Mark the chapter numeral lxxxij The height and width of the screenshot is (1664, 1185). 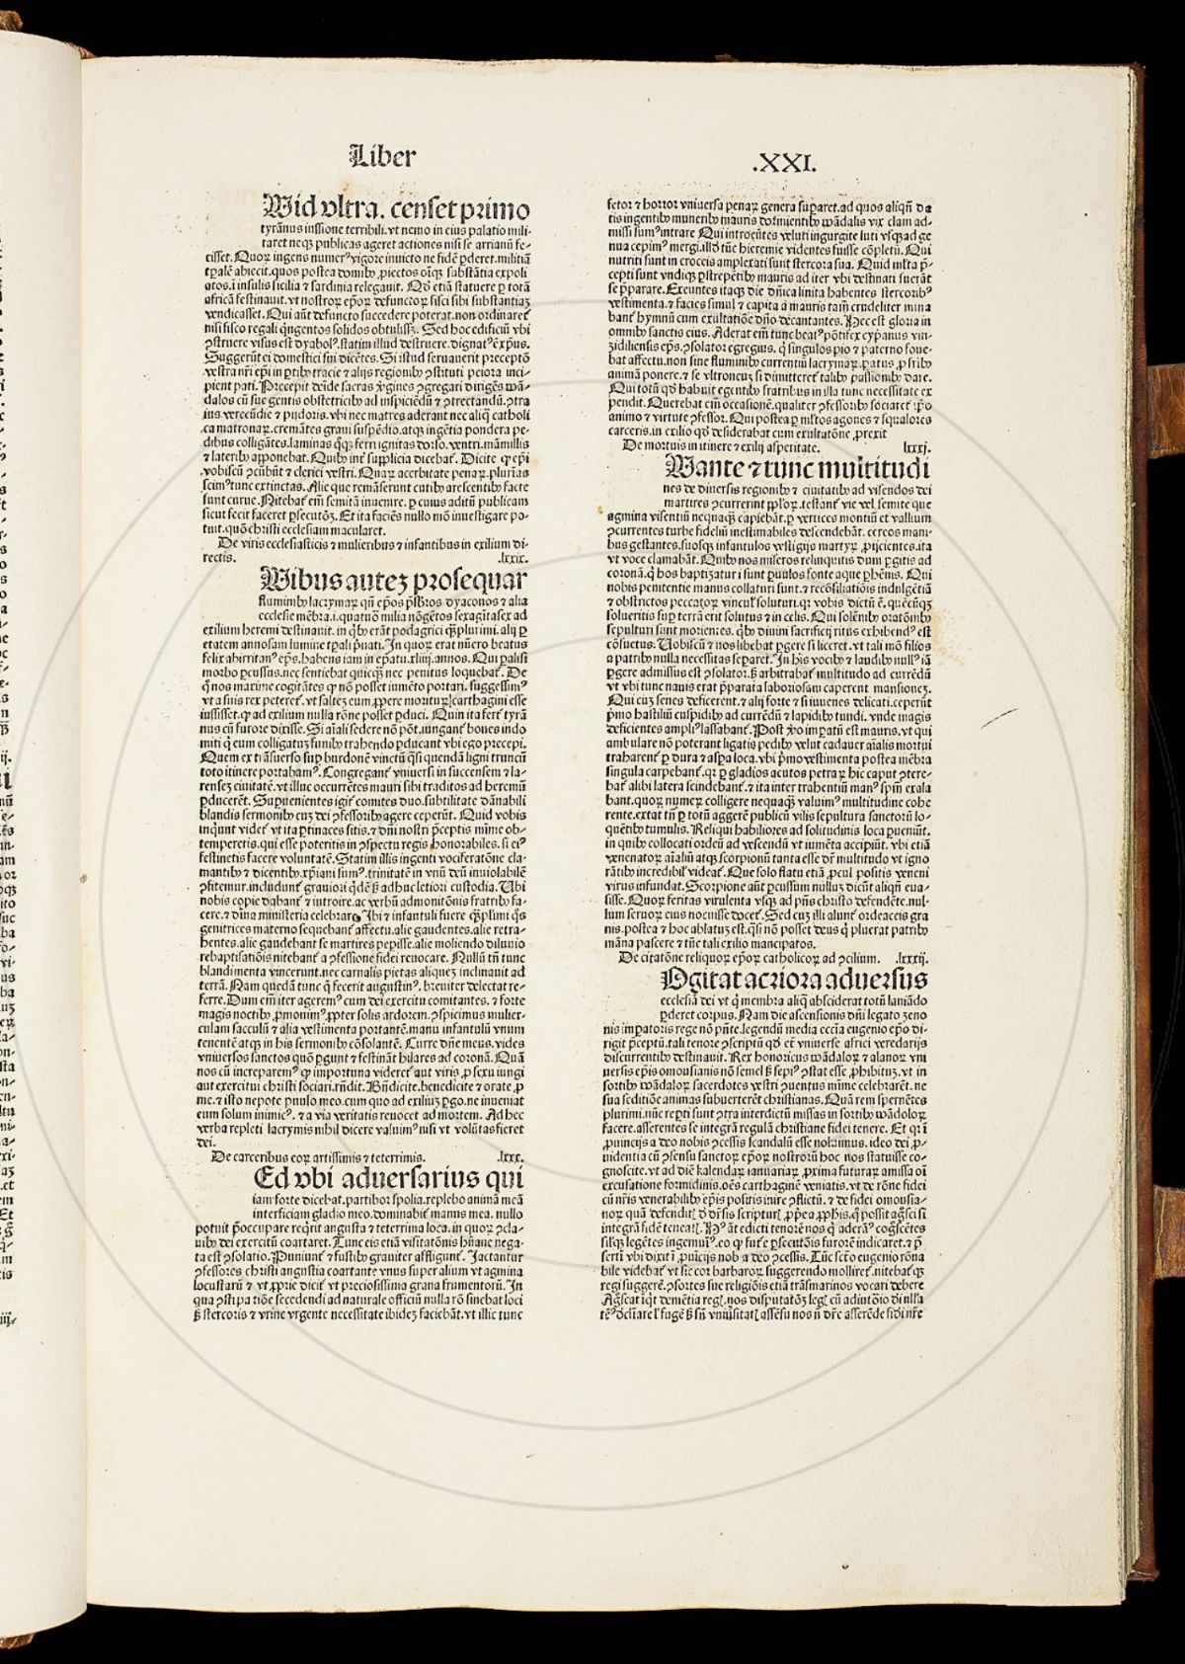click(908, 957)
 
